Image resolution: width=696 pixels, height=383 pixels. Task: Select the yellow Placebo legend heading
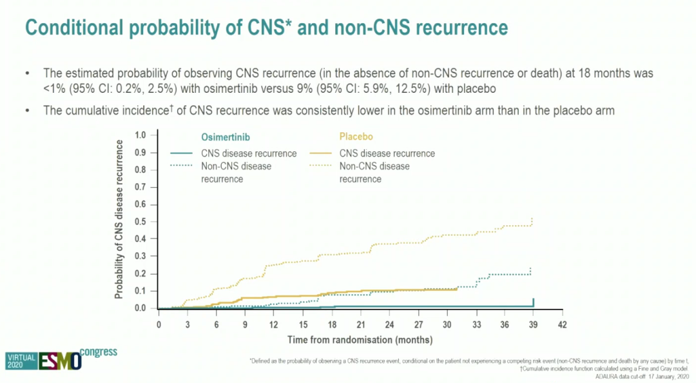pos(356,137)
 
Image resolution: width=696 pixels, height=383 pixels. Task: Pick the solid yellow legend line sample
pos(320,153)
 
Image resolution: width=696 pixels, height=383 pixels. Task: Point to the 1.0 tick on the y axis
pos(141,135)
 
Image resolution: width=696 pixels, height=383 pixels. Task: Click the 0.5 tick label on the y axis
pos(141,222)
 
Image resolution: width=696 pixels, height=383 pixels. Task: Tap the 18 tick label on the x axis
pos(331,324)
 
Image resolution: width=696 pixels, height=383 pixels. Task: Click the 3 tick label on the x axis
pos(188,324)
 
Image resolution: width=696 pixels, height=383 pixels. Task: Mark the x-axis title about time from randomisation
pos(360,339)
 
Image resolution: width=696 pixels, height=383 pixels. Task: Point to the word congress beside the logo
pos(99,352)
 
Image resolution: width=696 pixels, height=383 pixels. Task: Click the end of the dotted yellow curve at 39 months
pos(532,220)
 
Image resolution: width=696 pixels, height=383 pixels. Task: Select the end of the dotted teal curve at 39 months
pos(531,269)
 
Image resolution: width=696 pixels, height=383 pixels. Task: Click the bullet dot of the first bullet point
pos(28,74)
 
